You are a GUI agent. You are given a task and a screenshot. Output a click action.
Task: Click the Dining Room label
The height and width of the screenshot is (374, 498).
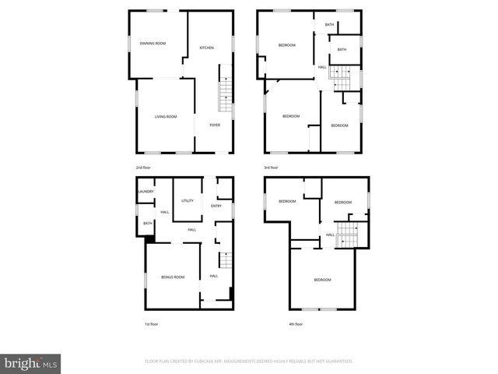(153, 44)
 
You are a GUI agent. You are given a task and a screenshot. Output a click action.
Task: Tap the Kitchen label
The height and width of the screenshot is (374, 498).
(206, 48)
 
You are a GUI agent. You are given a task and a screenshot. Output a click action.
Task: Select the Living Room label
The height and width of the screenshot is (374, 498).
(166, 117)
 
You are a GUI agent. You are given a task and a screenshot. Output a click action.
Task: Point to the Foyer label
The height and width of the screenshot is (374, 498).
(215, 125)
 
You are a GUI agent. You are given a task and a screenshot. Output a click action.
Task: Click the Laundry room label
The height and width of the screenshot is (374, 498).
(146, 192)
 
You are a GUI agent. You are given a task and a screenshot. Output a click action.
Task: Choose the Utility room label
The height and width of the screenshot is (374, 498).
(188, 201)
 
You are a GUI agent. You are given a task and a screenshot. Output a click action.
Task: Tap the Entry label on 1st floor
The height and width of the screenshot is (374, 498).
(216, 206)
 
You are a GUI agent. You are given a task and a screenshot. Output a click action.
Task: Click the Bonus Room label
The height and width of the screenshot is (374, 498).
(173, 277)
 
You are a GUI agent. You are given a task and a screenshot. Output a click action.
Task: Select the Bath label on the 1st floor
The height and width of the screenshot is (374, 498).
(147, 224)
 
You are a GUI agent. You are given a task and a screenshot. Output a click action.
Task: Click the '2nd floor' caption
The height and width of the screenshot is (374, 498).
(142, 168)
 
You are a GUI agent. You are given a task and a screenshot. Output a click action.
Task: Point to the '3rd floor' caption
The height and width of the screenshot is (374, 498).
(271, 168)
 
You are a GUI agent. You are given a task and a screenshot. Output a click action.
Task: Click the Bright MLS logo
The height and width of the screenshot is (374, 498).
(31, 363)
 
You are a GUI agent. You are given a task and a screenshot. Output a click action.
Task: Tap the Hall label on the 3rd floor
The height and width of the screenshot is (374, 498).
(322, 67)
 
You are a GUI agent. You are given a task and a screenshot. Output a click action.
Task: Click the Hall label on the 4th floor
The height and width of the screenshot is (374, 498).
(330, 235)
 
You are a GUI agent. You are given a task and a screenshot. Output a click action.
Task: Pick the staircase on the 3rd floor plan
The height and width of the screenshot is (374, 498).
(340, 72)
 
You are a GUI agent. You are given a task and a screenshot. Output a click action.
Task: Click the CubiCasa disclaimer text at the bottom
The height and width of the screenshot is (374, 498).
(249, 362)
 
